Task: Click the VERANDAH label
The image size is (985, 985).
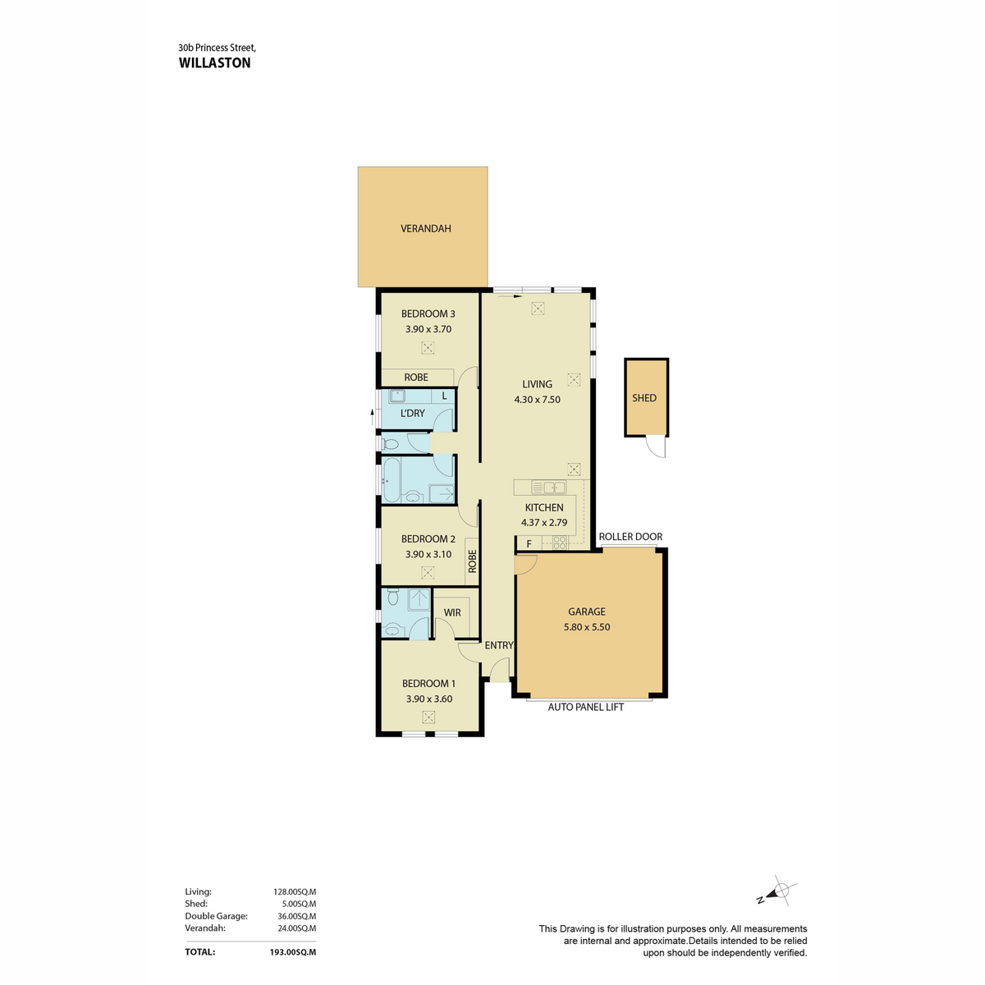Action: [425, 228]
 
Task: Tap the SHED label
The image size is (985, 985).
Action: [644, 397]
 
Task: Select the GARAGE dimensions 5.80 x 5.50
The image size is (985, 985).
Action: [586, 626]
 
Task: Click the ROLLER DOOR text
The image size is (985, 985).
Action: [630, 536]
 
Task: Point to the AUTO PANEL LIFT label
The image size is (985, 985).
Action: [585, 707]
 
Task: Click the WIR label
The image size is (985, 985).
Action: [451, 612]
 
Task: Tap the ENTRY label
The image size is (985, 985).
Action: [498, 645]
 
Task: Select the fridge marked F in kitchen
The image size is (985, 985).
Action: [529, 543]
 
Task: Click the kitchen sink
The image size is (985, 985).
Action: [548, 487]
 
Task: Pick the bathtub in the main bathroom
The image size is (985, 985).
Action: [392, 479]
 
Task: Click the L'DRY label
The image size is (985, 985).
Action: [412, 413]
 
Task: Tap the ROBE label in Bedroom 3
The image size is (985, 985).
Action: [415, 378]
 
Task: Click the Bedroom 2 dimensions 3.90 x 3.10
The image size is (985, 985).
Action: [428, 554]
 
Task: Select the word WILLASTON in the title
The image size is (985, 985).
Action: [215, 63]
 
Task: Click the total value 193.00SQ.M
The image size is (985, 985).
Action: [292, 952]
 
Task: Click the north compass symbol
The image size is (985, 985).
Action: [777, 891]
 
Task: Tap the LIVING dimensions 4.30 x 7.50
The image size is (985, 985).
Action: [537, 400]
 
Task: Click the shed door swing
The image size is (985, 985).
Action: [656, 447]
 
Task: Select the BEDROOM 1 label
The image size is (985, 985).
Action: [428, 684]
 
